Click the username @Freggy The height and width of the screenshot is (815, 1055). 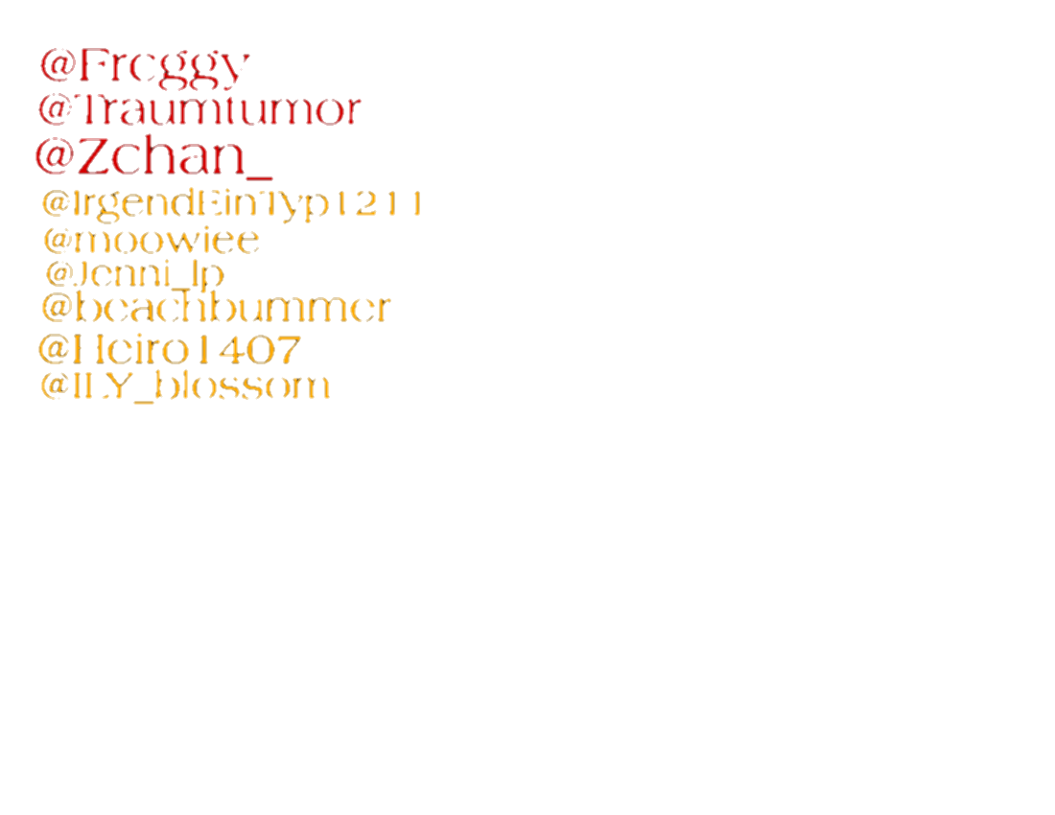145,65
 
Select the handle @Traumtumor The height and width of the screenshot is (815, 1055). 199,110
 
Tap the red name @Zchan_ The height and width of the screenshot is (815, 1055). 153,157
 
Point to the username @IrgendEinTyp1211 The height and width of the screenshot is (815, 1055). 231,204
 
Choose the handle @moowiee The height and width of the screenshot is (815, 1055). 151,240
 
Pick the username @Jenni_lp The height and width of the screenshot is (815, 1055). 134,274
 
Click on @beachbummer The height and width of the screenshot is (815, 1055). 216,308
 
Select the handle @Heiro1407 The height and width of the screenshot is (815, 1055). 170,349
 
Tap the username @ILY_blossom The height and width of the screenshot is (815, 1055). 185,385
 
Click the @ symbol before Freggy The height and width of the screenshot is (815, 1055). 57,65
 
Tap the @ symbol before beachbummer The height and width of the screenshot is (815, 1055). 57,308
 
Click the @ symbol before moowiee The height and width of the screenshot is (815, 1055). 57,240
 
